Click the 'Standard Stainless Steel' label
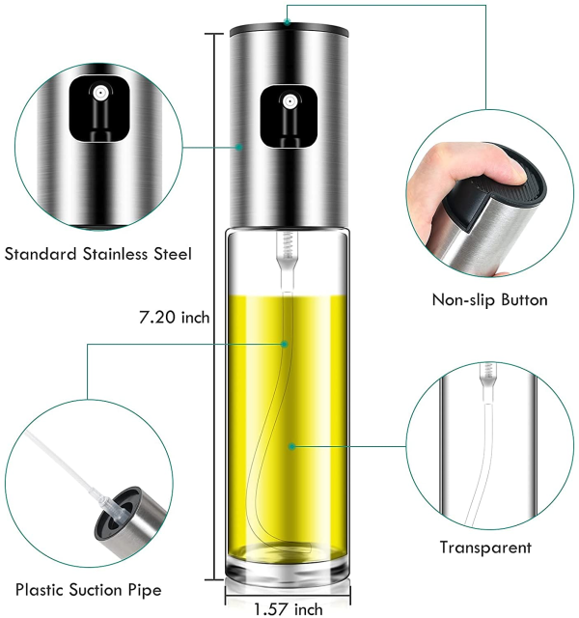(98, 254)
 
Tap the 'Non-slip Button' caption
(489, 300)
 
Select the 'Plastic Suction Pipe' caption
(88, 590)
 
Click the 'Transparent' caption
(485, 548)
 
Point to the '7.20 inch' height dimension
(174, 318)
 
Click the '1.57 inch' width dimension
(288, 609)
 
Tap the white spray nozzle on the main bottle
(289, 101)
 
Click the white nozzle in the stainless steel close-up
(100, 93)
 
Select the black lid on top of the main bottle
(289, 29)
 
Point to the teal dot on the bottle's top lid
(288, 22)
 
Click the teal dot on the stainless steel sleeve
(238, 148)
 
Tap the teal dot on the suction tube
(285, 344)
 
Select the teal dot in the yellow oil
(291, 446)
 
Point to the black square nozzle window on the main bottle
(289, 118)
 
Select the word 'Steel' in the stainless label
(173, 254)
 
